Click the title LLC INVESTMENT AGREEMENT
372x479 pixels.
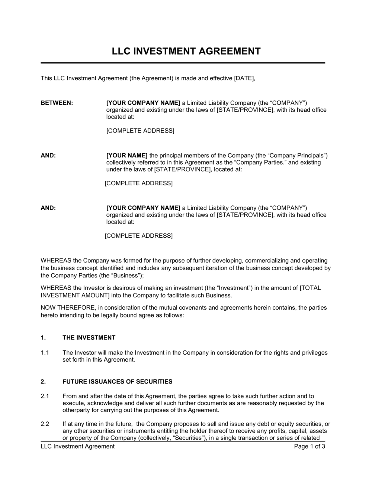point(186,51)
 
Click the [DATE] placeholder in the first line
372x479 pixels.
point(244,78)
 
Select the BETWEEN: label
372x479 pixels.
point(57,103)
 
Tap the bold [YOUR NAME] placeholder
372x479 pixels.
point(127,155)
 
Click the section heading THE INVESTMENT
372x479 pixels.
point(89,338)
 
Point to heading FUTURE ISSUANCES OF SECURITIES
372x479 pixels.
point(117,381)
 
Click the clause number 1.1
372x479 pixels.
point(45,352)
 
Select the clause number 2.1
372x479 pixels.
point(45,396)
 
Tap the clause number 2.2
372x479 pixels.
point(45,424)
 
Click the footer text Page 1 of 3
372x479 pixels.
point(310,446)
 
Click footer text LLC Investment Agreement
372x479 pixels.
point(77,446)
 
